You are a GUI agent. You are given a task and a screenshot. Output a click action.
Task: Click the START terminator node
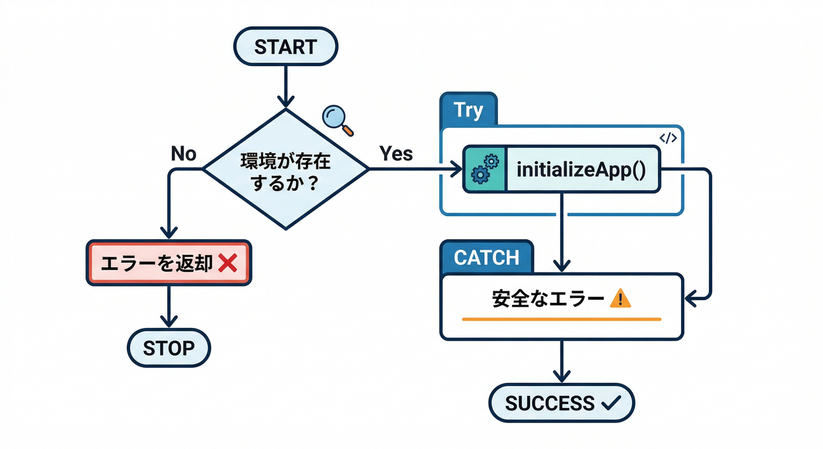pyautogui.click(x=285, y=46)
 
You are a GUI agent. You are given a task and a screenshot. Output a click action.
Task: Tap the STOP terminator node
pyautogui.click(x=168, y=348)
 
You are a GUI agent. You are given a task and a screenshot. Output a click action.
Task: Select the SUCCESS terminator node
pyautogui.click(x=561, y=403)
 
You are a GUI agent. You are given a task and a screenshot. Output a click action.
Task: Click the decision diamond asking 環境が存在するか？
pyautogui.click(x=285, y=170)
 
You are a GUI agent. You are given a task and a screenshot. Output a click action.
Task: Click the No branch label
pyautogui.click(x=184, y=154)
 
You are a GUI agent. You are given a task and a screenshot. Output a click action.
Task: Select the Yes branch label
pyautogui.click(x=396, y=154)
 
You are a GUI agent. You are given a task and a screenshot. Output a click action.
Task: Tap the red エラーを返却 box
pyautogui.click(x=168, y=263)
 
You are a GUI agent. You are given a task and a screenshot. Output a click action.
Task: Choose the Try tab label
pyautogui.click(x=468, y=110)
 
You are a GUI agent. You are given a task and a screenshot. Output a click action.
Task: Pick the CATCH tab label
pyautogui.click(x=486, y=257)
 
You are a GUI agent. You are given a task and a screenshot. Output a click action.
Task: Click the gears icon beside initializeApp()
pyautogui.click(x=485, y=170)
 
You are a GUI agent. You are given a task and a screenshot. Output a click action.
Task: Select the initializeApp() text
pyautogui.click(x=581, y=170)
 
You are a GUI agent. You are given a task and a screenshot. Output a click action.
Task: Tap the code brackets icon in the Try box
pyautogui.click(x=668, y=138)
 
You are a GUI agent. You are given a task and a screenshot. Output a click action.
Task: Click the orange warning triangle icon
pyautogui.click(x=620, y=299)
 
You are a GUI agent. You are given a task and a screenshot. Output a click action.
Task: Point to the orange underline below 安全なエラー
pyautogui.click(x=561, y=319)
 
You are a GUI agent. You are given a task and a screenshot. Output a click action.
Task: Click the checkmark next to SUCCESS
pyautogui.click(x=611, y=403)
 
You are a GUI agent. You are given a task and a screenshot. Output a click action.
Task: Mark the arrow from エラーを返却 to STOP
pyautogui.click(x=168, y=307)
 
